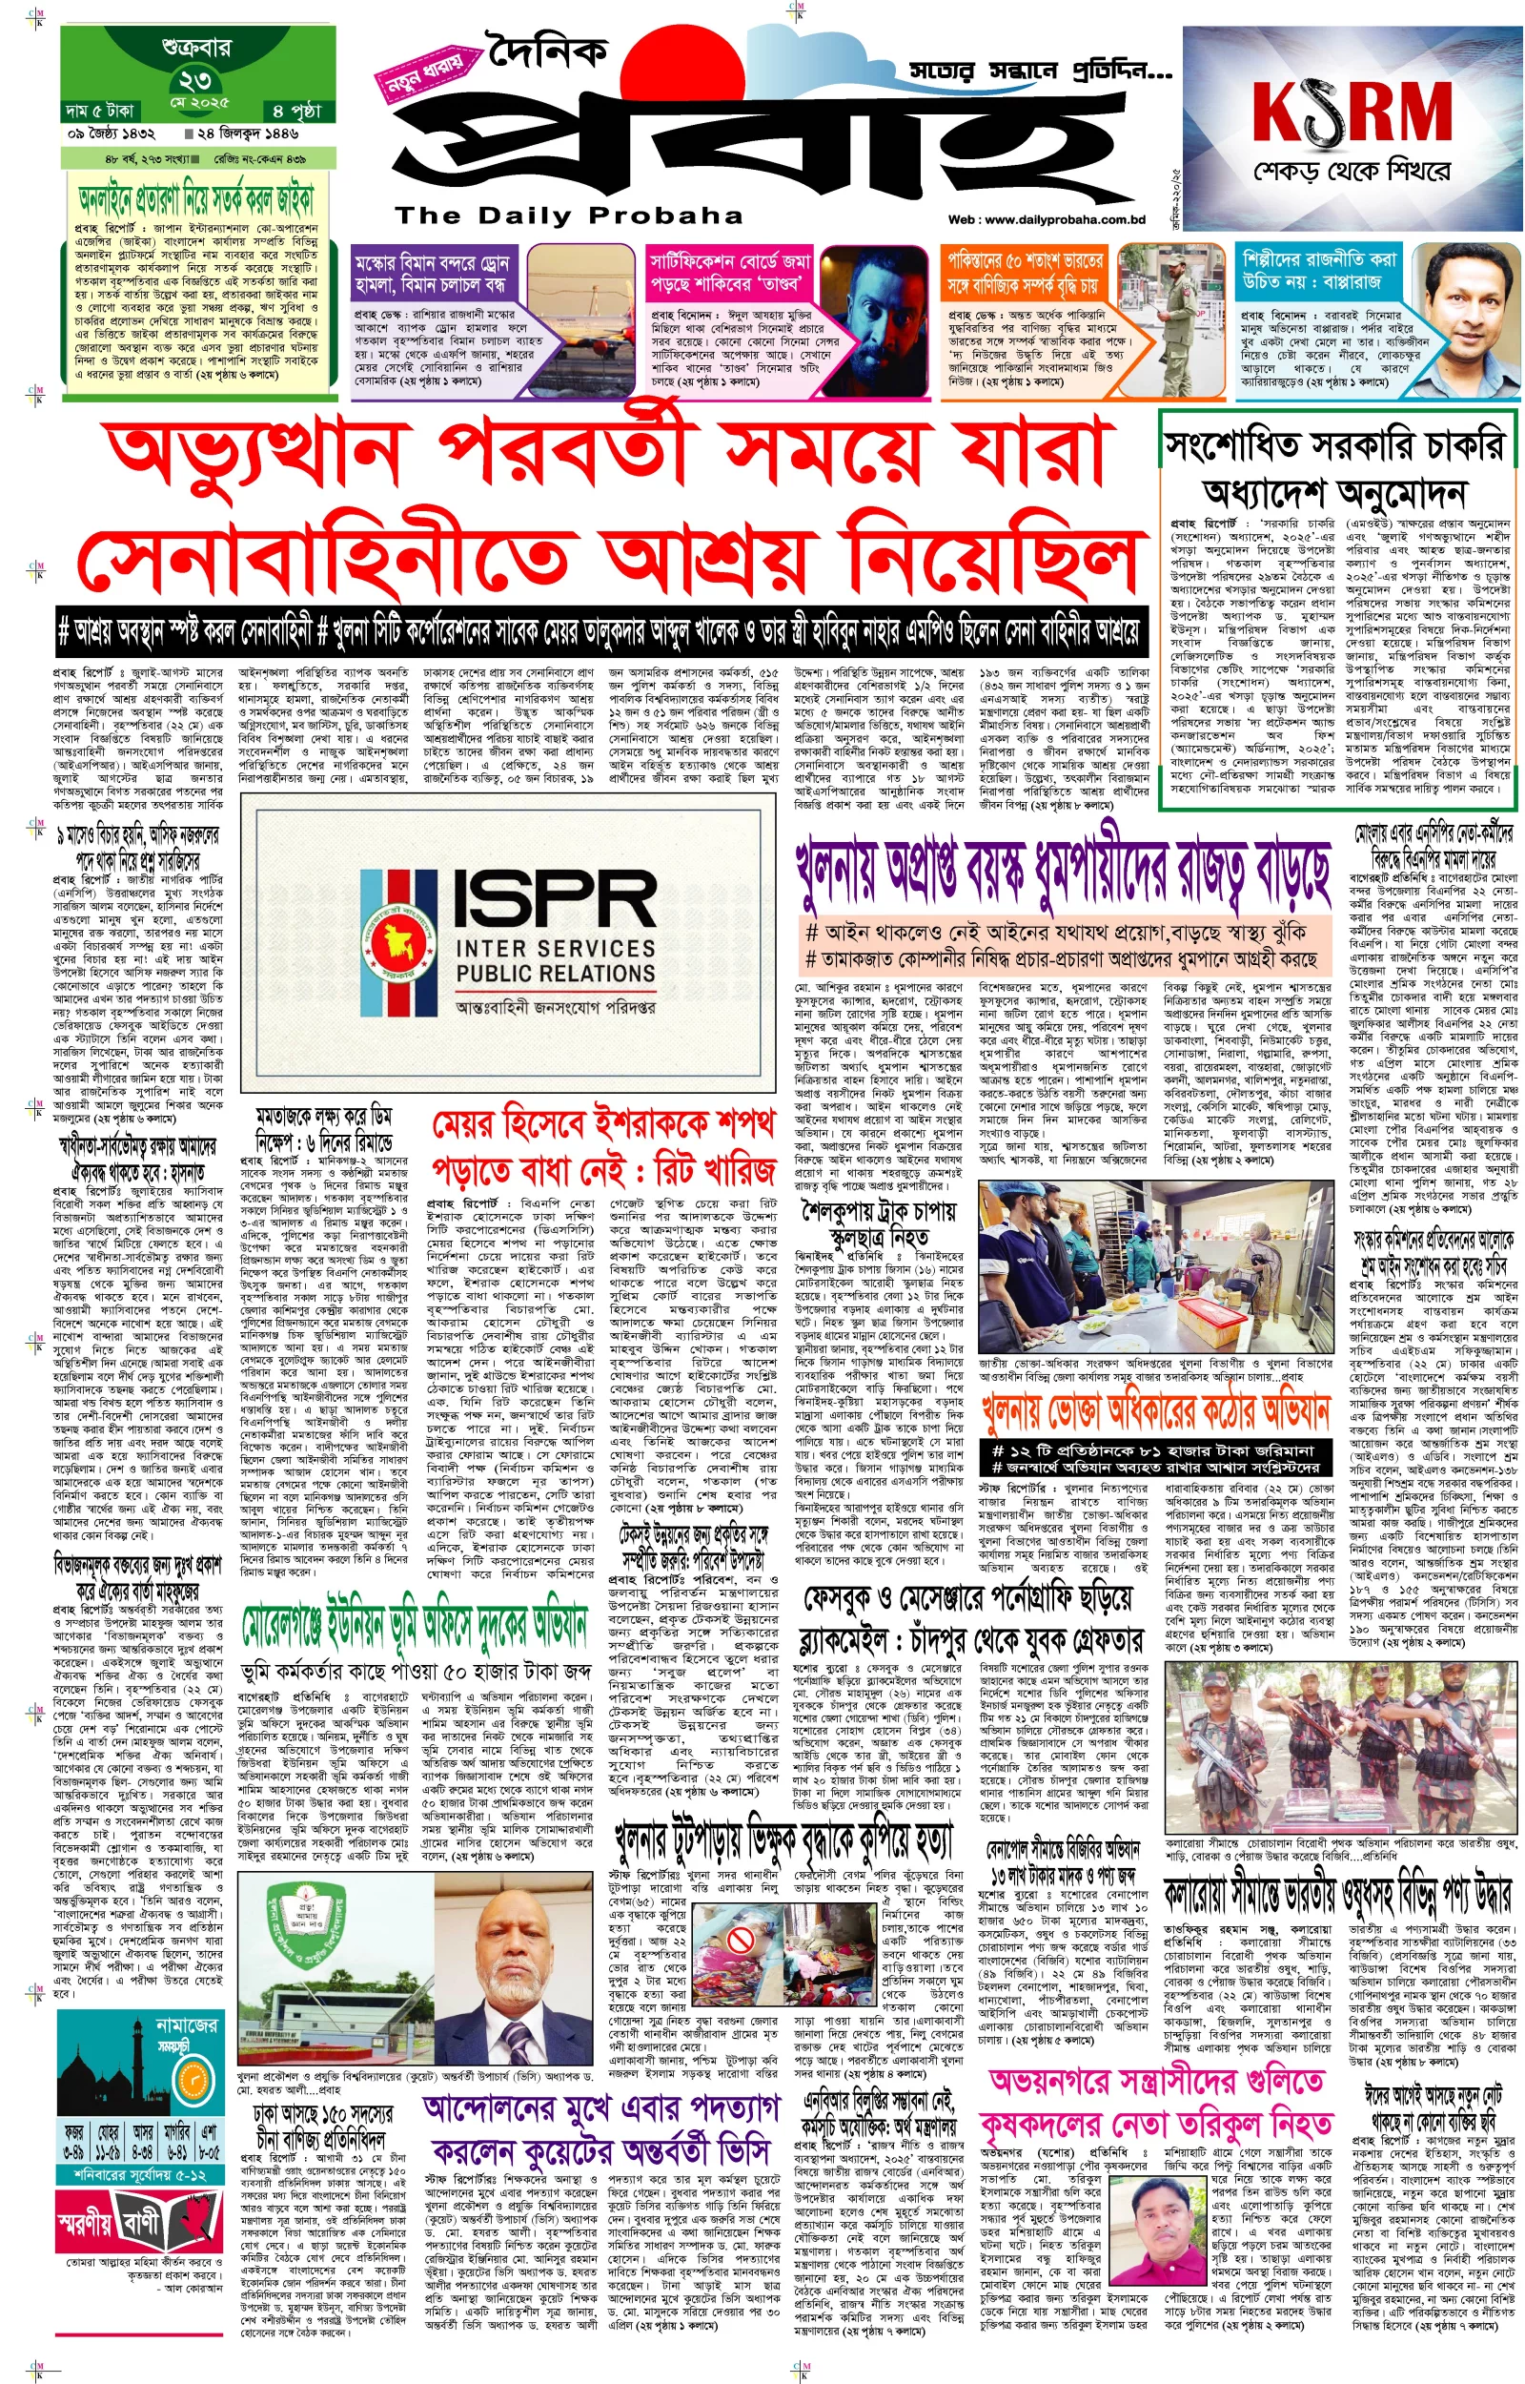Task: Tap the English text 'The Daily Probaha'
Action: [x=568, y=215]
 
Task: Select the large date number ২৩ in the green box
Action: [x=195, y=80]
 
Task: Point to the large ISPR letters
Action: [x=556, y=898]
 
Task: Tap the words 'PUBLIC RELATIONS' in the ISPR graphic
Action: [x=556, y=974]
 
